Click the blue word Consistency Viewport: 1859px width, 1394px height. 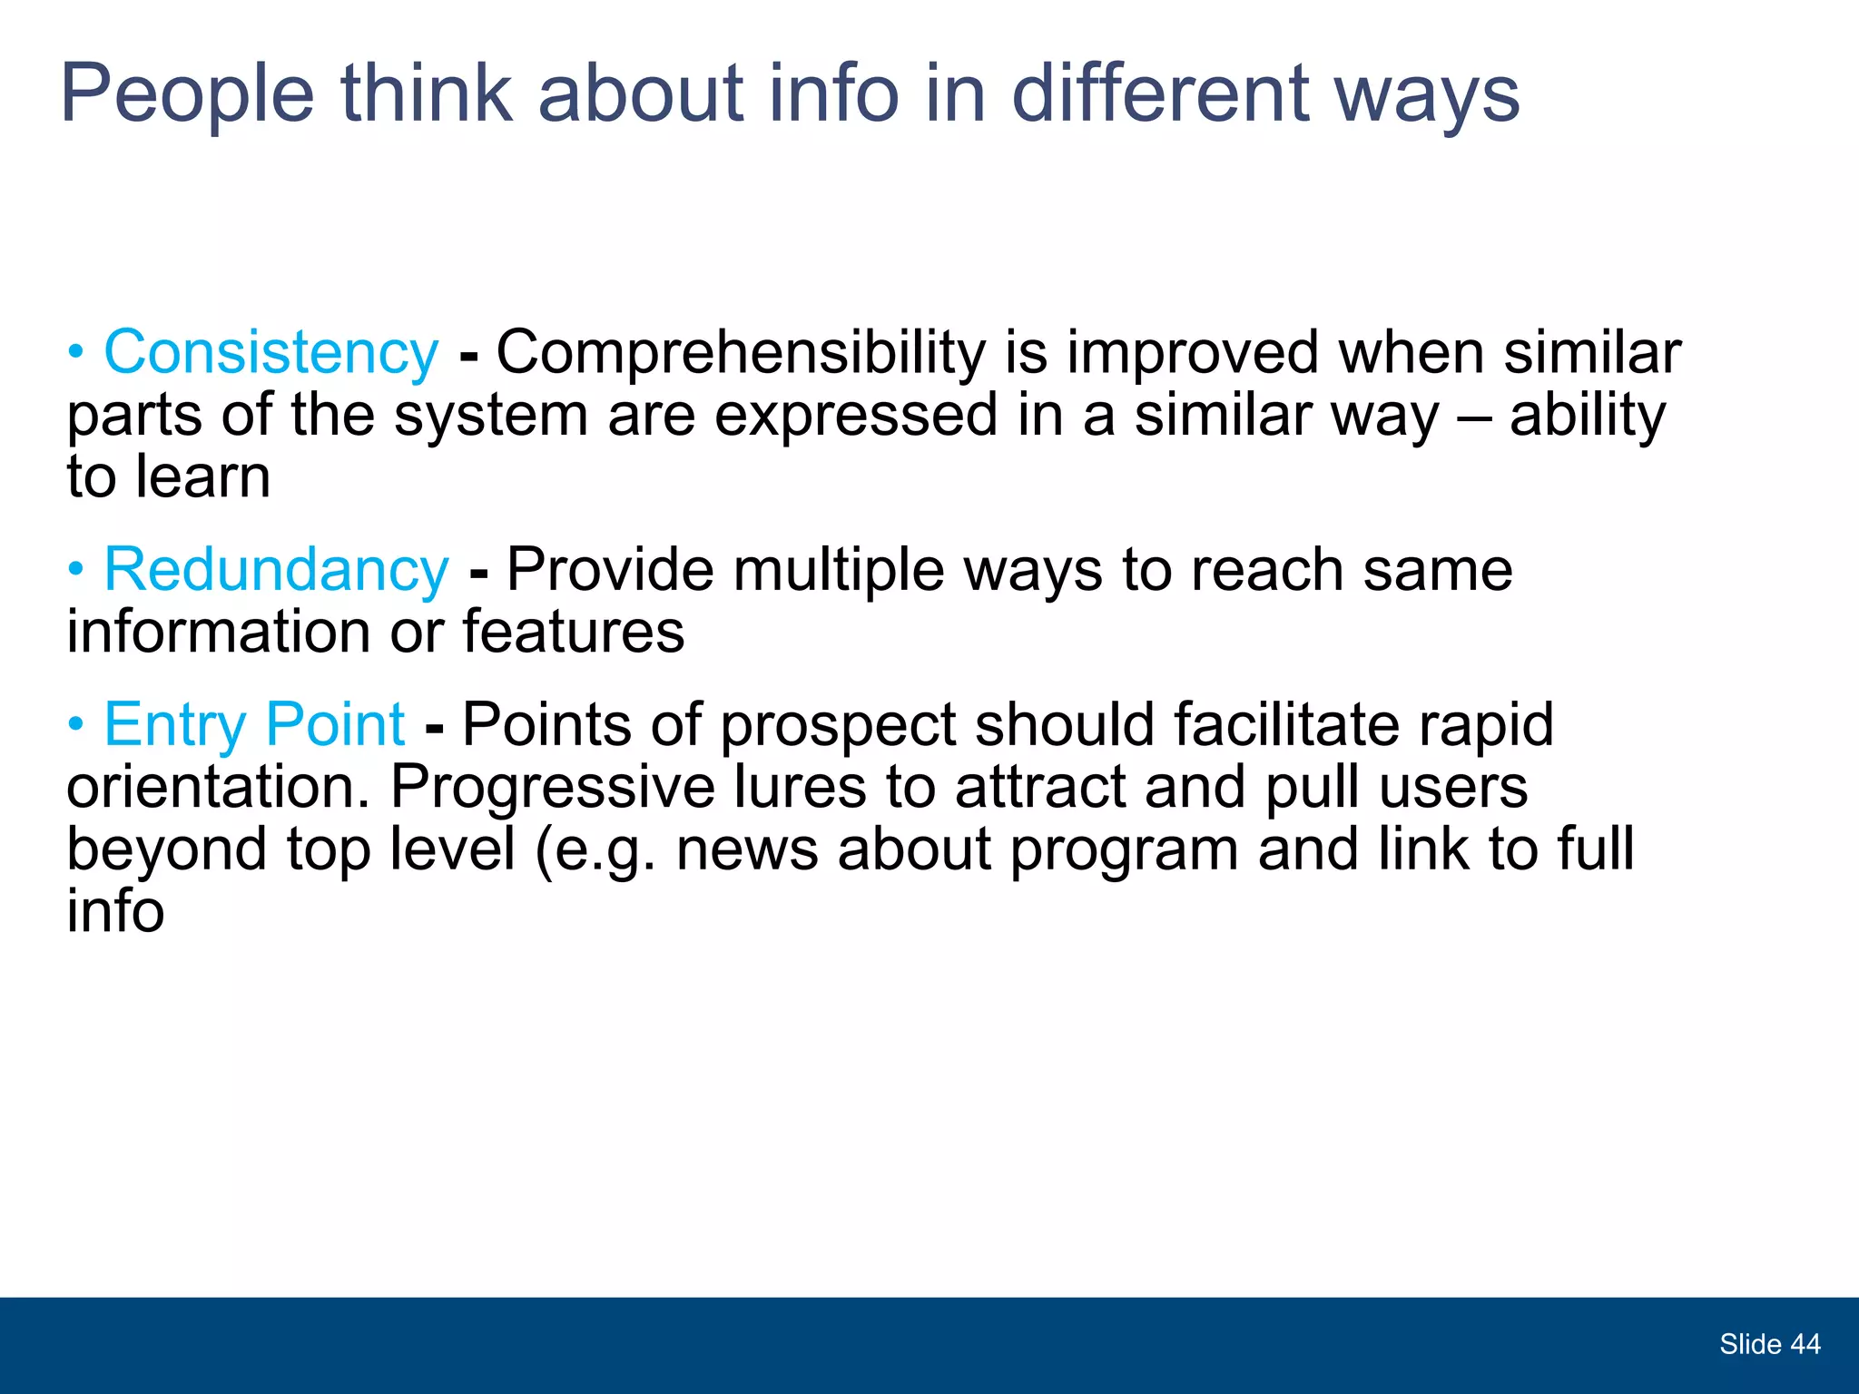(x=270, y=353)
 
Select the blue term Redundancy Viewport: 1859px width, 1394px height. (x=276, y=570)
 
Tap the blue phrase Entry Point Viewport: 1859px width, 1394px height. (x=254, y=724)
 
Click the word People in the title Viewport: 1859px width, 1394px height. (x=187, y=94)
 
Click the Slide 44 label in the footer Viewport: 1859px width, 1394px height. (x=1769, y=1344)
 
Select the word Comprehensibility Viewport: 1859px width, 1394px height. (x=740, y=353)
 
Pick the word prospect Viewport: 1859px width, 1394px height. (x=838, y=726)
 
